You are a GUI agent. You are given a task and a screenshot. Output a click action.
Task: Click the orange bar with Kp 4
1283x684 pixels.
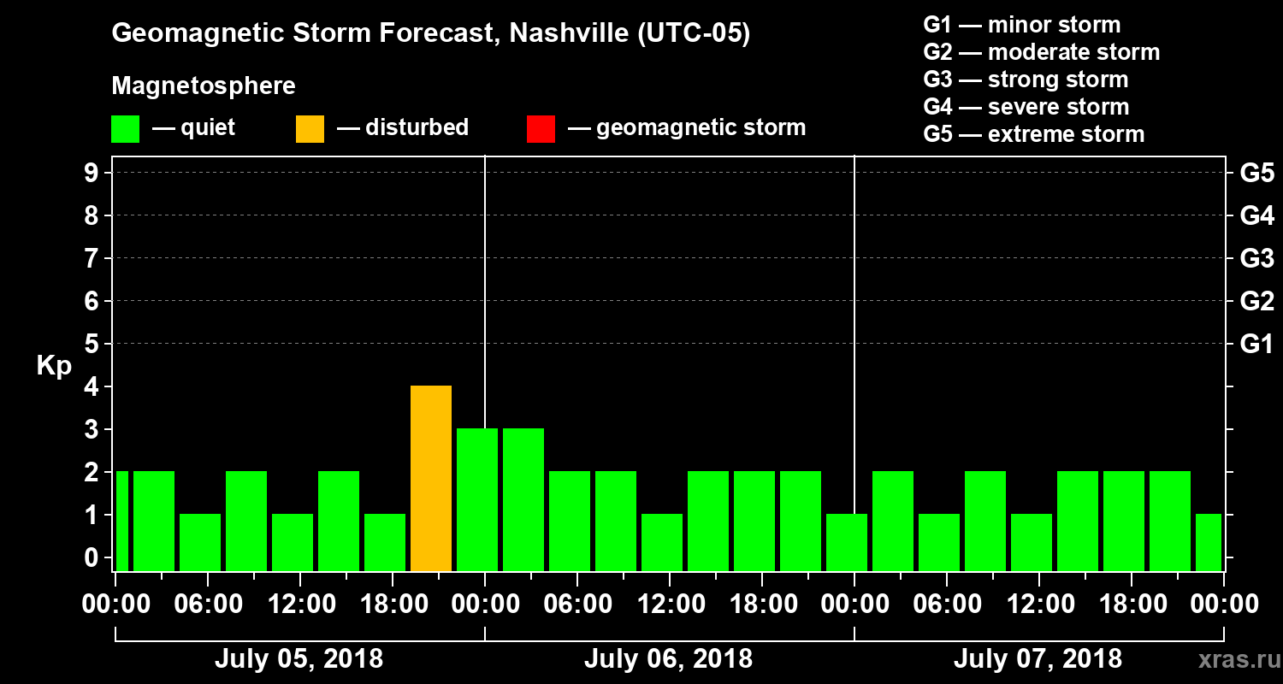point(431,478)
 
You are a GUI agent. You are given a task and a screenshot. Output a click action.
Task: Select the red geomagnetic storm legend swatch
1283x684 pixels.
point(541,128)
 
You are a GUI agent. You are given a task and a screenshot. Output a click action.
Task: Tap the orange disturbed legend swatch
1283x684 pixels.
point(310,128)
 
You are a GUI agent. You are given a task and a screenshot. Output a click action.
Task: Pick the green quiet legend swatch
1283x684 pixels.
point(125,128)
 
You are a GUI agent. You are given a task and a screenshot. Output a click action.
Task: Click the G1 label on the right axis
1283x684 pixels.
point(1256,344)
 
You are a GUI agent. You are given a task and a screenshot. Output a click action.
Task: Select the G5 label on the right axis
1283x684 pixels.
point(1256,173)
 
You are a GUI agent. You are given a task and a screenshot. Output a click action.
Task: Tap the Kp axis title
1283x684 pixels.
point(54,365)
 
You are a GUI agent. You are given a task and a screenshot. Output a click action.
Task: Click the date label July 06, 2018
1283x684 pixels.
point(668,659)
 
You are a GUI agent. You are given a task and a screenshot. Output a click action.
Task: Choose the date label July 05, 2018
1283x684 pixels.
point(299,659)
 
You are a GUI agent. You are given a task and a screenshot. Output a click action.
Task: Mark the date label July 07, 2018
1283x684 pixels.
point(1038,659)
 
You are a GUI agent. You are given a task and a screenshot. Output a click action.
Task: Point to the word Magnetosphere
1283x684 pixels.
point(204,86)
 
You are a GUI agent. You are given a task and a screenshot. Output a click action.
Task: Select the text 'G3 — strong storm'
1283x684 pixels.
point(1026,80)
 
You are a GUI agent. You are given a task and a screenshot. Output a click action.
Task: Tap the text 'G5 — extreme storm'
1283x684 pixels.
point(1033,134)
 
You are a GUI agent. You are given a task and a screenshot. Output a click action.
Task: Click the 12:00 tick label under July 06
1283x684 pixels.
point(669,604)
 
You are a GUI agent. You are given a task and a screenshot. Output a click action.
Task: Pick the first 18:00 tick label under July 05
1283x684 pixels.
point(392,604)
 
